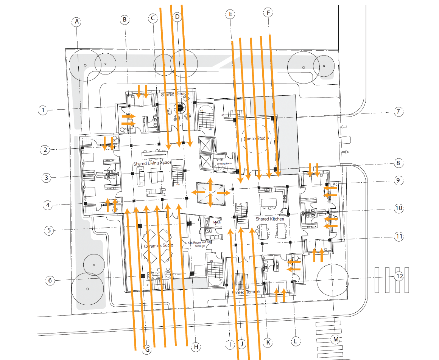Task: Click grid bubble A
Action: [x=77, y=22]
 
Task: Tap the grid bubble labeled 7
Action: [x=398, y=112]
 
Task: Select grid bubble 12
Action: [x=399, y=276]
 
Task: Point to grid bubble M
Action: [x=335, y=339]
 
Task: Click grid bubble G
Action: [x=147, y=350]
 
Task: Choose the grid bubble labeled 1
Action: [x=43, y=111]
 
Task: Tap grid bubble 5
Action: [x=49, y=230]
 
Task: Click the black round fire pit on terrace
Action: [x=181, y=108]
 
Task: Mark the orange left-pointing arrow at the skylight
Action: [x=197, y=192]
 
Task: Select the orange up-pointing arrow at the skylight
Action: [x=210, y=182]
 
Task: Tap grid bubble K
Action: [x=268, y=342]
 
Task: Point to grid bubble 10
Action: [x=399, y=208]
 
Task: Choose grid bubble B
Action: [x=125, y=19]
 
